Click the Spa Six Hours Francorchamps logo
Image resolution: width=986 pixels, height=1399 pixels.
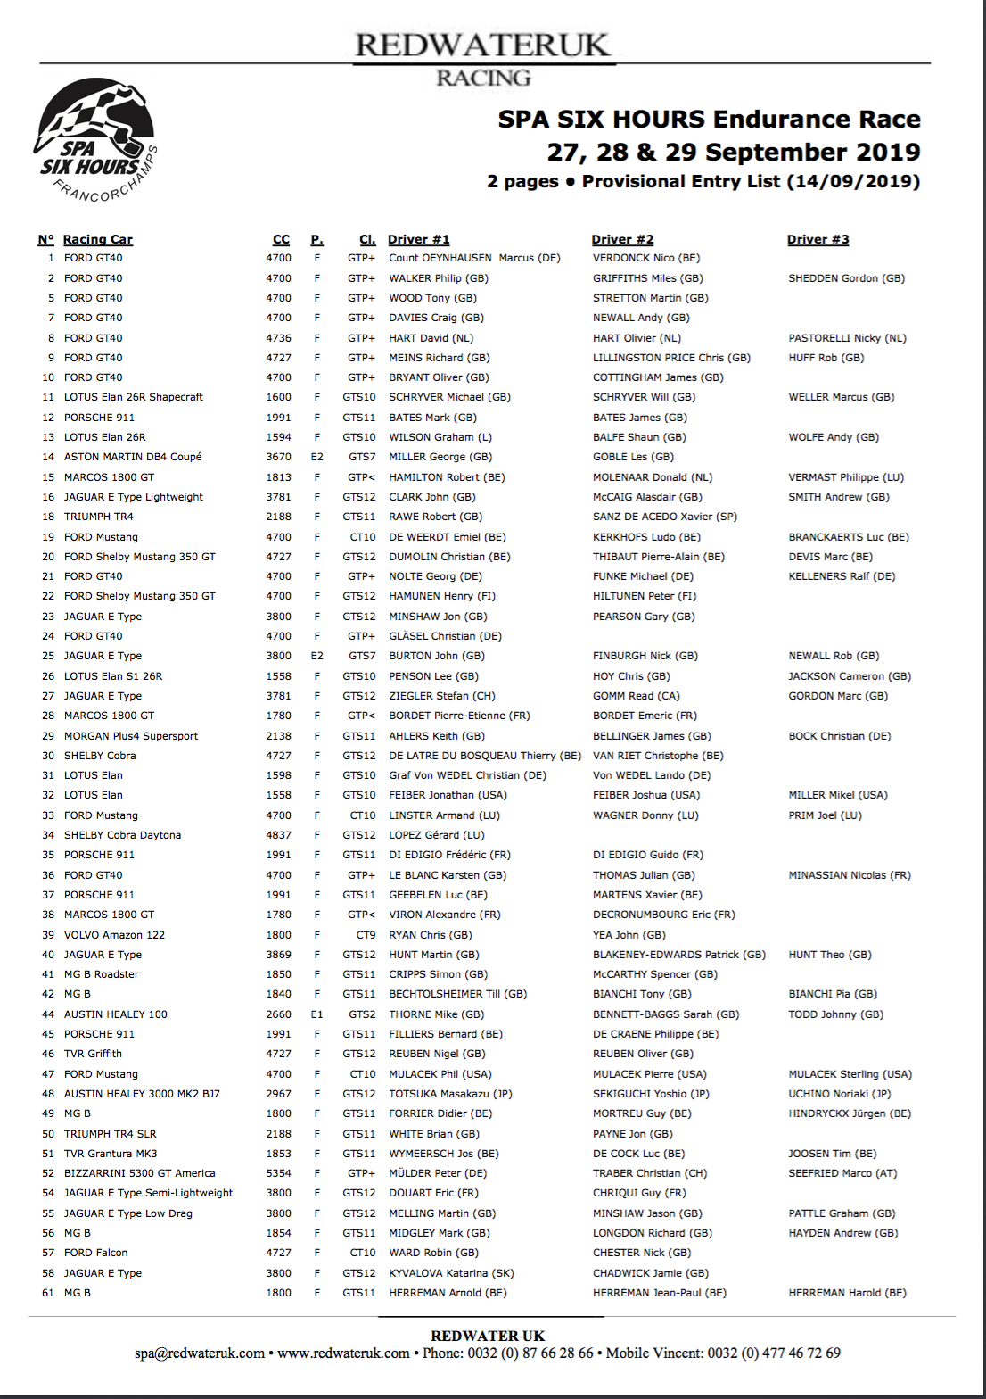96,141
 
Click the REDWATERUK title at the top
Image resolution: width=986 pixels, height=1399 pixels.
482,45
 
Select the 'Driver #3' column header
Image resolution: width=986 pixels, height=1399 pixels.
818,239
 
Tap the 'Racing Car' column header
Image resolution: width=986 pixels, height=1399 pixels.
97,239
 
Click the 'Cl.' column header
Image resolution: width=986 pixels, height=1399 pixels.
367,239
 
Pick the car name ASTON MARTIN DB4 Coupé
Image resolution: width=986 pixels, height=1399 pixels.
133,457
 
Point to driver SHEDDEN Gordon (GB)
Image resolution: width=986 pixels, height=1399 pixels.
846,278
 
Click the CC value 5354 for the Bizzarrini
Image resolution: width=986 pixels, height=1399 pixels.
278,1173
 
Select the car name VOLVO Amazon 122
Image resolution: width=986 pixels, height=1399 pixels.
114,935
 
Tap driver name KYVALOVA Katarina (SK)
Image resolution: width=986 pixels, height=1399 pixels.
451,1273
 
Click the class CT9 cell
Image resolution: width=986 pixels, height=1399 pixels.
366,935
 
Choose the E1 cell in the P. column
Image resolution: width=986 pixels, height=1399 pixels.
316,1014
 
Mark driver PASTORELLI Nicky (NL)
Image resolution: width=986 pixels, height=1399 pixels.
847,338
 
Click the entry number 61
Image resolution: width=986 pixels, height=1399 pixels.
48,1293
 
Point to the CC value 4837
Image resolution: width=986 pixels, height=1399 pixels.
278,835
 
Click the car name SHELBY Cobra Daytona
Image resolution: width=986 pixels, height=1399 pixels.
122,835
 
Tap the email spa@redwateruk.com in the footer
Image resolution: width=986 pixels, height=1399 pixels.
200,1353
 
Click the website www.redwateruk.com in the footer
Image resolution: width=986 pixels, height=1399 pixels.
343,1353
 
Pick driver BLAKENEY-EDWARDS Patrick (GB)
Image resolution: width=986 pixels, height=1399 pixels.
679,955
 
